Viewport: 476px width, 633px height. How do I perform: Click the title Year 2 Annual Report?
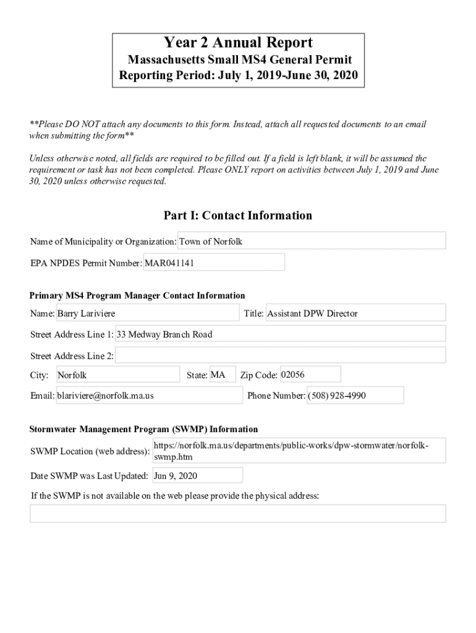(238, 43)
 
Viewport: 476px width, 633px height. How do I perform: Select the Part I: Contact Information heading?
(238, 216)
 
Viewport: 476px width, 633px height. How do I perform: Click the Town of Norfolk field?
(312, 241)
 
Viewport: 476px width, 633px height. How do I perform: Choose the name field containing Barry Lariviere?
(147, 313)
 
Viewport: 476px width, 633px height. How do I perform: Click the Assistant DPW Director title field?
(355, 313)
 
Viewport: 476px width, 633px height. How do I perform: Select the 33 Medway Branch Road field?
(280, 334)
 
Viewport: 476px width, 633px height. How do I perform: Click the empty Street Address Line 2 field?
(280, 355)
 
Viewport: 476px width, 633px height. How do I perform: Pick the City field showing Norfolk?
(117, 375)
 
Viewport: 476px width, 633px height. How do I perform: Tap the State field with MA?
(222, 375)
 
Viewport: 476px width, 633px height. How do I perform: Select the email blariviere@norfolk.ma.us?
(149, 396)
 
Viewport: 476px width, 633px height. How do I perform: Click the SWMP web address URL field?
(299, 451)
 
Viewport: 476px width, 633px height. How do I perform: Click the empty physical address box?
(238, 514)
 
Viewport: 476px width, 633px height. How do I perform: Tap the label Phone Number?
(276, 396)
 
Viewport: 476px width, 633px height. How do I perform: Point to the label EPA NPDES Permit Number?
(86, 263)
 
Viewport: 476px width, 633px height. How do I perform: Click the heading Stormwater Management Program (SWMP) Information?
(144, 429)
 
